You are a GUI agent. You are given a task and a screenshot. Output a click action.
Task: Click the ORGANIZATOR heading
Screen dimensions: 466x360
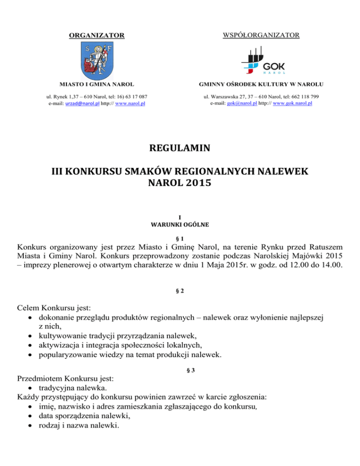pos(97,35)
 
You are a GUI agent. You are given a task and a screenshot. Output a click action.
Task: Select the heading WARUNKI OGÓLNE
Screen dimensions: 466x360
pos(180,224)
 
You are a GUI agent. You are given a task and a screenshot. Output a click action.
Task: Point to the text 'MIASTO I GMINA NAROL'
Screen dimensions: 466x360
pos(97,84)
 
